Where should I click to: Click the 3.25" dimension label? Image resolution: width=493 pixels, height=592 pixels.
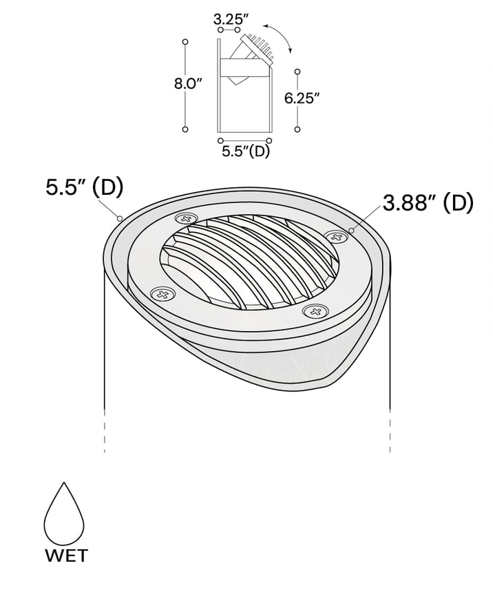(x=227, y=18)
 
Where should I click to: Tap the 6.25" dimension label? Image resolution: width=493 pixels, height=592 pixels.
(x=302, y=98)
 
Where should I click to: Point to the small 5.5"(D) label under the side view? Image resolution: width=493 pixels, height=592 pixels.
(x=246, y=151)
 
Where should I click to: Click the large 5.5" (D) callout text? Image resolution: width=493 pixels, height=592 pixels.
(x=84, y=188)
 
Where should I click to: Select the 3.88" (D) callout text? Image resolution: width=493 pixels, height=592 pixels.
(x=428, y=203)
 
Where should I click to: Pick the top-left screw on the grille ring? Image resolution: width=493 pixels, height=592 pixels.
(x=186, y=218)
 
